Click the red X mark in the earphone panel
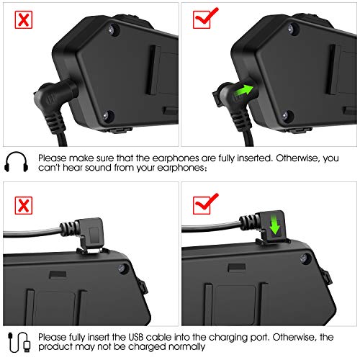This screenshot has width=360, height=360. (24, 19)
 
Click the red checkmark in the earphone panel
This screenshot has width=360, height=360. (206, 18)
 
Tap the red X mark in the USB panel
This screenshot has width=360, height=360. (24, 205)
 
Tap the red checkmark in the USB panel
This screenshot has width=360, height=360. (206, 204)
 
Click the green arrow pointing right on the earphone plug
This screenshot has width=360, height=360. (243, 93)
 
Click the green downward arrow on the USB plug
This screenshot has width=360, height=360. (274, 225)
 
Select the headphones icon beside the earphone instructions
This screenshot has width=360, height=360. (17, 161)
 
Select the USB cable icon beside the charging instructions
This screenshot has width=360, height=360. (19, 342)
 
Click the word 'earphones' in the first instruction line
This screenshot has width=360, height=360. (176, 158)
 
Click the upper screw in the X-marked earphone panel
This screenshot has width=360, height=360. (112, 30)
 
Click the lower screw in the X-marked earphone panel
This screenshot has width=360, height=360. (106, 116)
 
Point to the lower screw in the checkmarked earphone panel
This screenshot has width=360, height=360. (286, 116)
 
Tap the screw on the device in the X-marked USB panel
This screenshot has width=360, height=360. (122, 269)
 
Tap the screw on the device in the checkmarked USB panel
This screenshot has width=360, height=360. (304, 258)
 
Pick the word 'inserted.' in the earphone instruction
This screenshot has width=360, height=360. (255, 158)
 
